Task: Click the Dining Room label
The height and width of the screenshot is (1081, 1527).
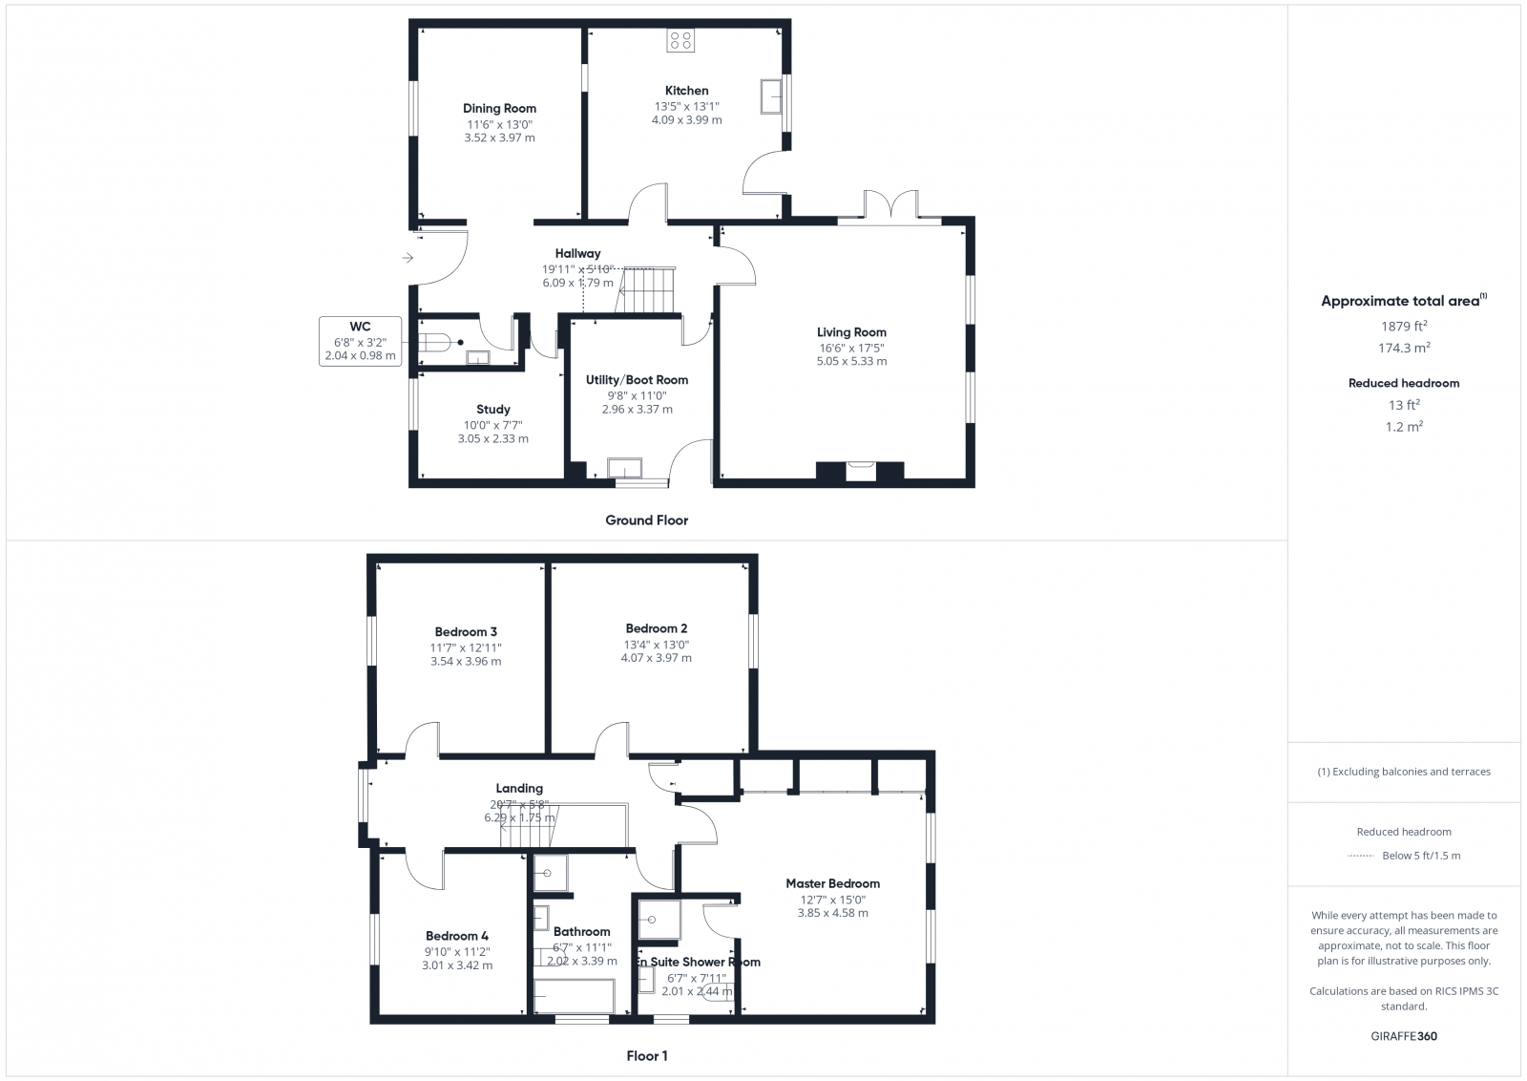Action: pos(499,108)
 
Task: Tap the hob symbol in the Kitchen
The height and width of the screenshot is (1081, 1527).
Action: pos(680,40)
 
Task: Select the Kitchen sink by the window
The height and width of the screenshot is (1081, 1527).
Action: pos(770,95)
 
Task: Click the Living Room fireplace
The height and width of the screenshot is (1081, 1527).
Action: pos(860,470)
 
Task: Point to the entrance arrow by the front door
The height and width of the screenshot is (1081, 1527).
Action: pos(408,258)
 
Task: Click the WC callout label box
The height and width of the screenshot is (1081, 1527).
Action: pos(360,341)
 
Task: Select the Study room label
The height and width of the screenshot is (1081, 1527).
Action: pos(492,410)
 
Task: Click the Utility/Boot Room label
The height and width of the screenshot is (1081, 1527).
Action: pos(637,380)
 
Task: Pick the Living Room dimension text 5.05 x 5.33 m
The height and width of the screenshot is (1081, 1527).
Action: pos(851,361)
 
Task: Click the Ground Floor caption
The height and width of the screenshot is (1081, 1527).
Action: pos(646,520)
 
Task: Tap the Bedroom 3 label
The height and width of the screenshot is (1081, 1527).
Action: pos(465,631)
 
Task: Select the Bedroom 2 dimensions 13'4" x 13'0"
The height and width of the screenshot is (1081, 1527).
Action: pos(656,645)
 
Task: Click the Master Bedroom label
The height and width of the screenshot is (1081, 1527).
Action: pos(832,883)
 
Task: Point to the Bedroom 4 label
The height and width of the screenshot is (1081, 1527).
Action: pos(456,936)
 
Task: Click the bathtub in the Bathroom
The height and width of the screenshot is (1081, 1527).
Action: pos(579,997)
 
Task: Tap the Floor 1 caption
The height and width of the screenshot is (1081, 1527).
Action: pos(646,1056)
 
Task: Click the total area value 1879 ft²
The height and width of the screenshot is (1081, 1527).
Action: pos(1402,327)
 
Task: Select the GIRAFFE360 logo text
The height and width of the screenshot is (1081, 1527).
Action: pos(1404,1036)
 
